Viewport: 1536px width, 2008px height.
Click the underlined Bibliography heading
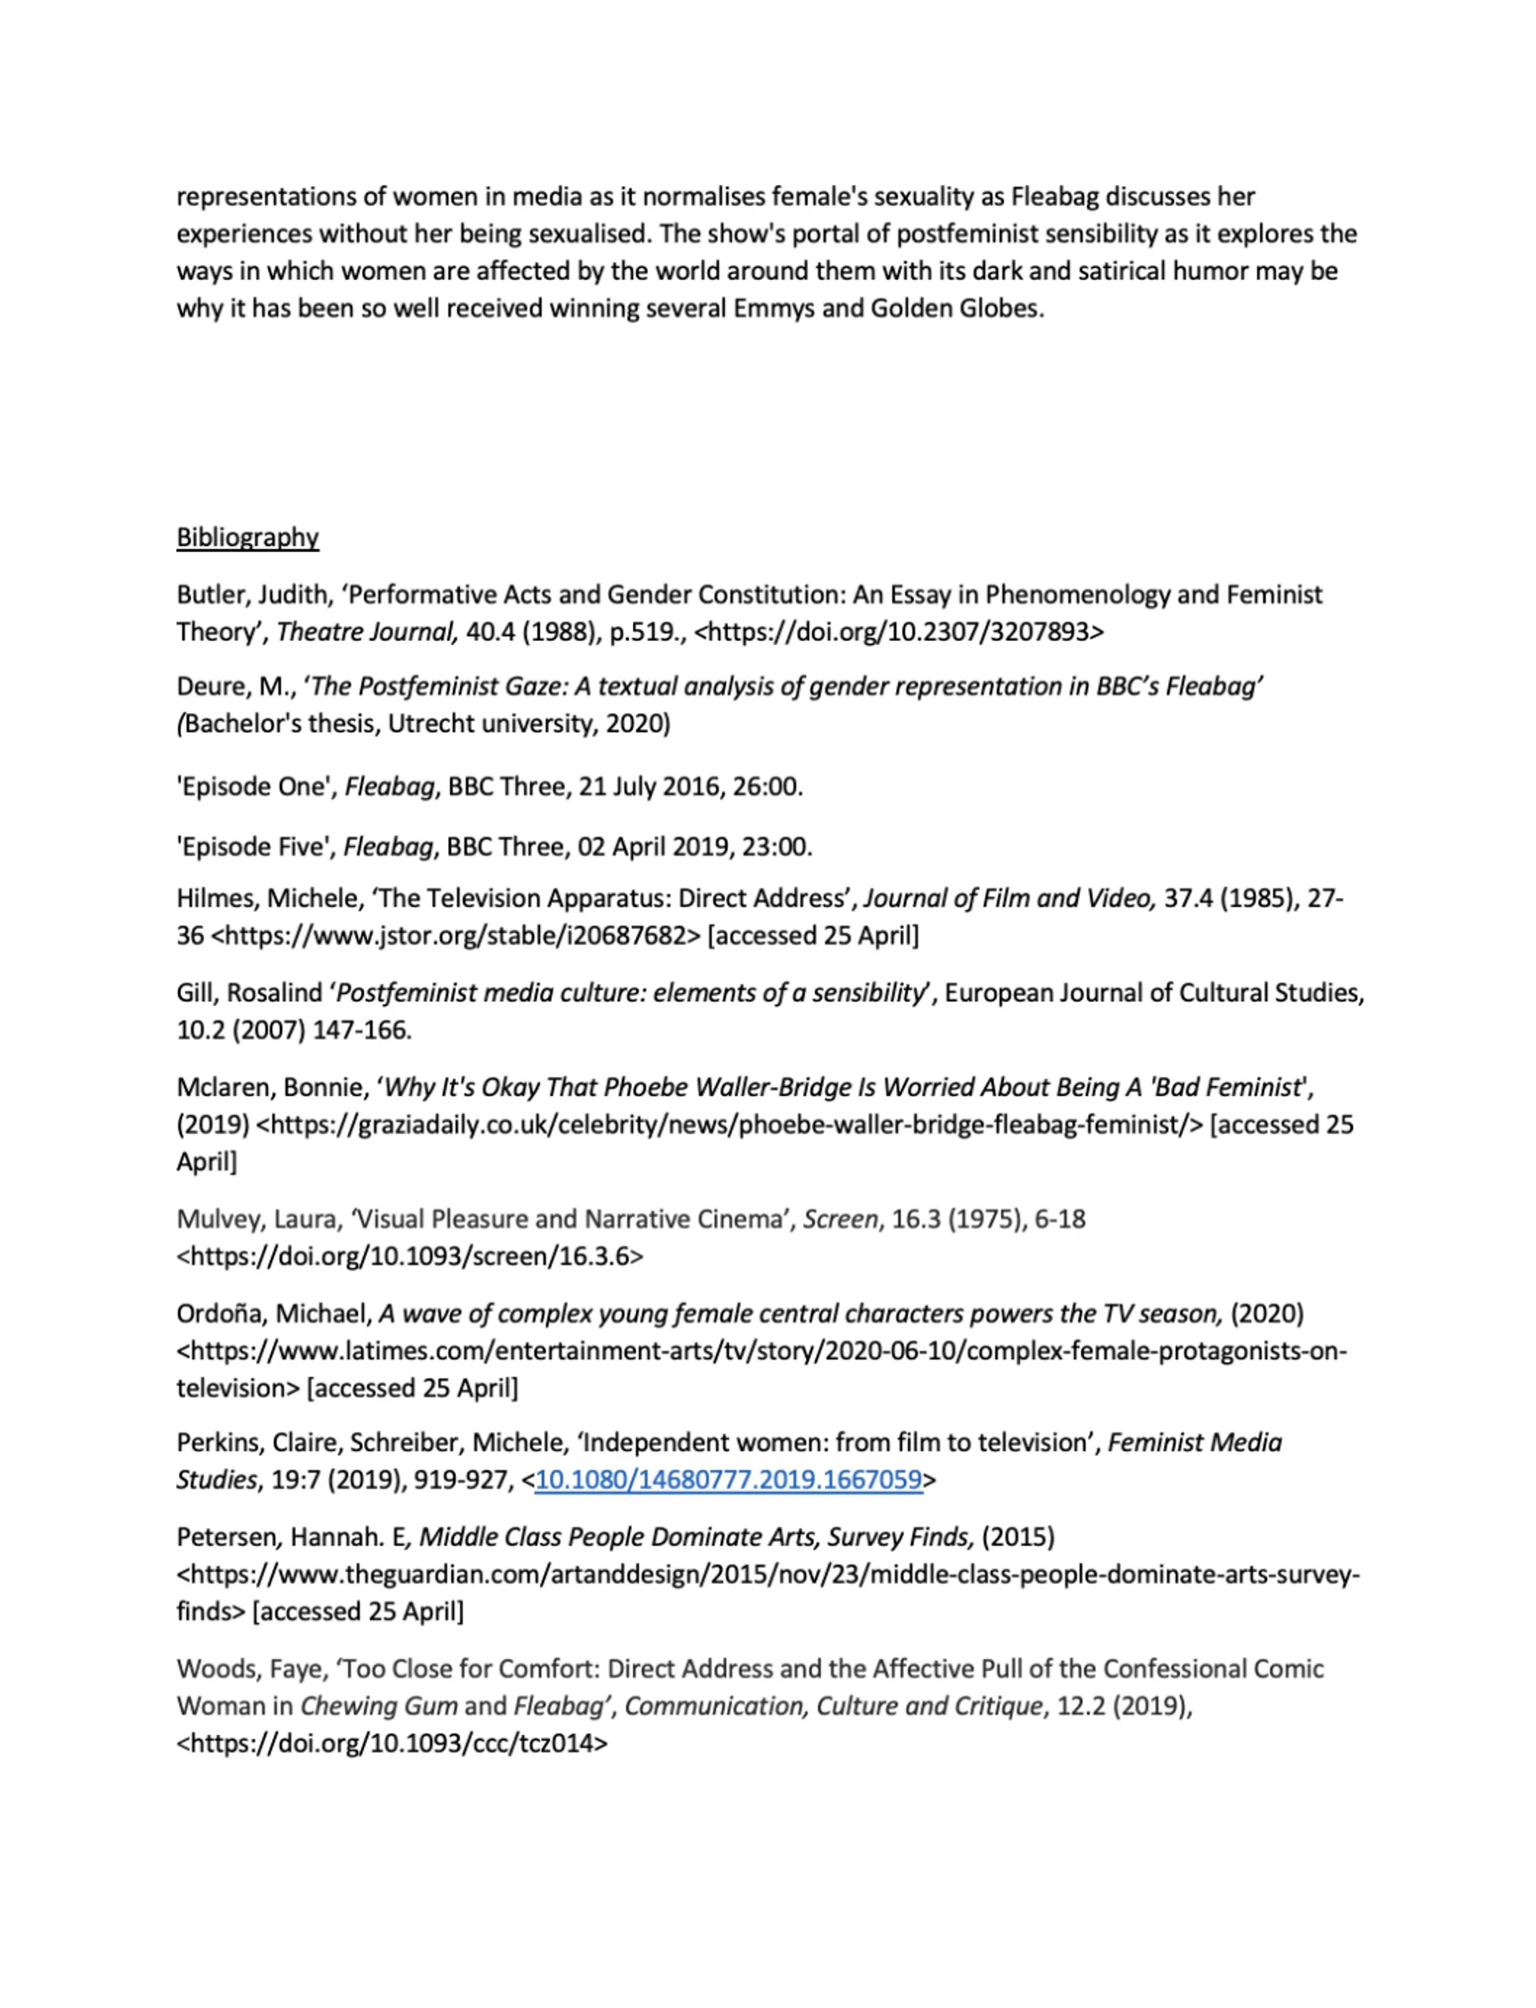click(247, 537)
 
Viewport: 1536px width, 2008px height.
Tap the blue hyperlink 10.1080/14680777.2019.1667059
click(728, 1480)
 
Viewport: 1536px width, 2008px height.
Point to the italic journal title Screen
click(839, 1219)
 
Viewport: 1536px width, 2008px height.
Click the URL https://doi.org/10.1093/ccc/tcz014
click(391, 1743)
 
